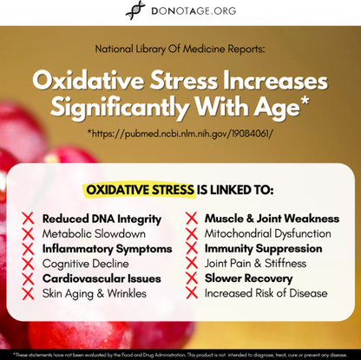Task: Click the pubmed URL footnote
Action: pos(180,135)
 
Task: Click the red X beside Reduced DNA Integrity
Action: pos(28,219)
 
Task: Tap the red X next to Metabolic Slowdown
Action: pos(28,233)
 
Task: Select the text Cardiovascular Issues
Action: pos(102,278)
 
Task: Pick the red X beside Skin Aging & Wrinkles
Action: pos(28,294)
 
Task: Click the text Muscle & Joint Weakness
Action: pos(270,219)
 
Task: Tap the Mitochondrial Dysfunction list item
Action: pos(267,233)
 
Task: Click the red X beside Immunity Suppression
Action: pos(191,249)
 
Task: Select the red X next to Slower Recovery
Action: pos(191,278)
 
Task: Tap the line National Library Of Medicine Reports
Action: pos(180,50)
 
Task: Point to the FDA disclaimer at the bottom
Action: pos(180,354)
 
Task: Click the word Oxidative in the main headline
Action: pos(84,82)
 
